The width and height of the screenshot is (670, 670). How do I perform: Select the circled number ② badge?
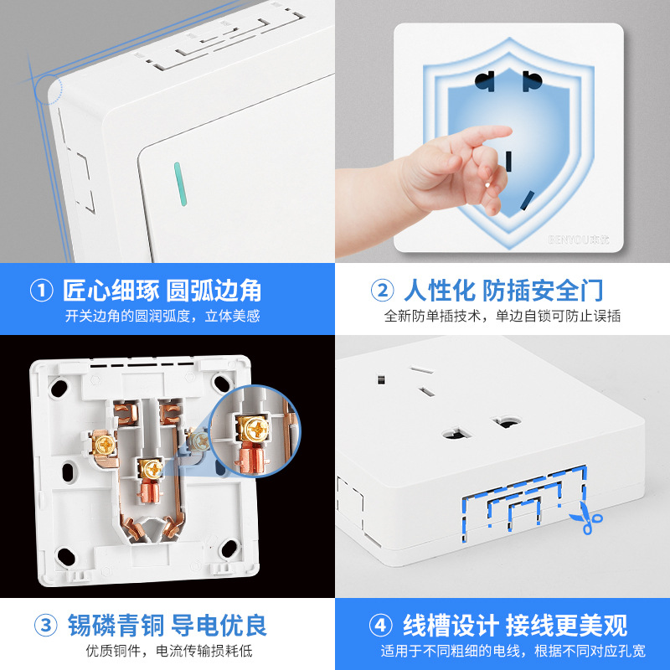(382, 291)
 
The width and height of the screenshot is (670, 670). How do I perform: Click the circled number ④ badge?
(382, 625)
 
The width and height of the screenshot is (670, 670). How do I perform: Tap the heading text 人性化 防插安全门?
(503, 291)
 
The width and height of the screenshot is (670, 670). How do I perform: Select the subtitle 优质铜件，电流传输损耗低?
(167, 651)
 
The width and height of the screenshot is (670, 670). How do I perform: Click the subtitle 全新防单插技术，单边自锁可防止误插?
(502, 316)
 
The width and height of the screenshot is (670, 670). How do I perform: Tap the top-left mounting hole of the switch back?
(59, 388)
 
